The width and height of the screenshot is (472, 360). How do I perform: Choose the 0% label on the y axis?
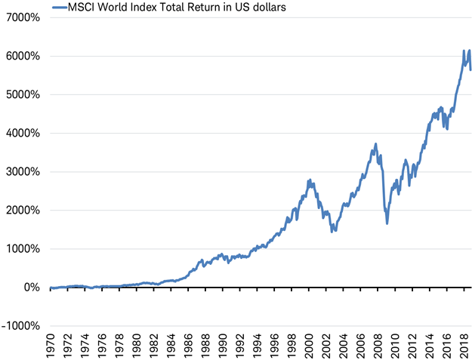pyautogui.click(x=31, y=287)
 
